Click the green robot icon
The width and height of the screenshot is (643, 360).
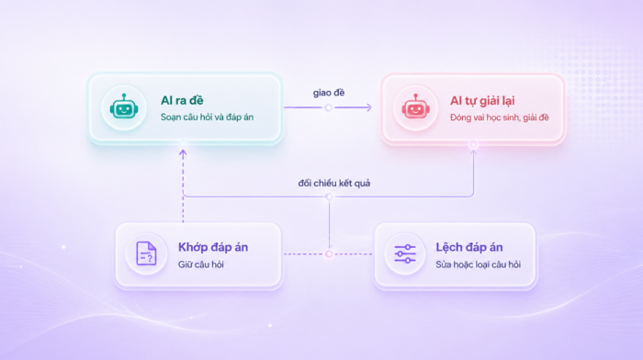pos(124,107)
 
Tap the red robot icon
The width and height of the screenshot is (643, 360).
pos(415,107)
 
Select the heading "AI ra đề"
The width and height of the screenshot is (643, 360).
pos(182,100)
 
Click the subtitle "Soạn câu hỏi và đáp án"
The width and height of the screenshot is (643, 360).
pos(207,118)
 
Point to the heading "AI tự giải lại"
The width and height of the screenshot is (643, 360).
pos(482,101)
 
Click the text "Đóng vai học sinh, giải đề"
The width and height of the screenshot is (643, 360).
pos(499,118)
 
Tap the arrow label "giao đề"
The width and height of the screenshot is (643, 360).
pos(329,93)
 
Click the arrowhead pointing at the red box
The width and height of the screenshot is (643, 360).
pos(369,107)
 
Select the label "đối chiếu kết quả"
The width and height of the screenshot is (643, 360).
pos(333,184)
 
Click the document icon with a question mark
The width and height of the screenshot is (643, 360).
pos(146,253)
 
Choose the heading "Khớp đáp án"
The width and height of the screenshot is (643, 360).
pos(213,247)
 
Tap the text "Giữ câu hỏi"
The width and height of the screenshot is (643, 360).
pos(201,264)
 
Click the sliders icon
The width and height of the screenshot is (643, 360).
pos(405,253)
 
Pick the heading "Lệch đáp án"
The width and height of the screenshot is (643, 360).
pos(469,247)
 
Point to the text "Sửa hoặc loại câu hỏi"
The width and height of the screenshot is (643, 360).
pos(479,264)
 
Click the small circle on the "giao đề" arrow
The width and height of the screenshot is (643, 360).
pos(329,107)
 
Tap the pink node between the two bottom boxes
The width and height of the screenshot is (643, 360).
pos(329,254)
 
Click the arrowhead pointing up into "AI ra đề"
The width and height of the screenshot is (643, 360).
pos(183,153)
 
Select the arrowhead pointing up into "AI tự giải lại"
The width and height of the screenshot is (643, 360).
pos(474,153)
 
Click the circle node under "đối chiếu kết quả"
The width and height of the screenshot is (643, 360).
pos(329,197)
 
